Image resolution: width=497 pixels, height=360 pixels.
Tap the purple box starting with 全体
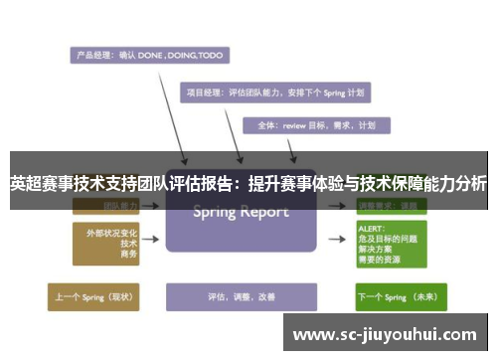pyautogui.click(x=317, y=125)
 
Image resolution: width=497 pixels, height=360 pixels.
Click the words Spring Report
pyautogui.click(x=241, y=212)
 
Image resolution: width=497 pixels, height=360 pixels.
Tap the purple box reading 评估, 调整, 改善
pyautogui.click(x=241, y=296)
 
